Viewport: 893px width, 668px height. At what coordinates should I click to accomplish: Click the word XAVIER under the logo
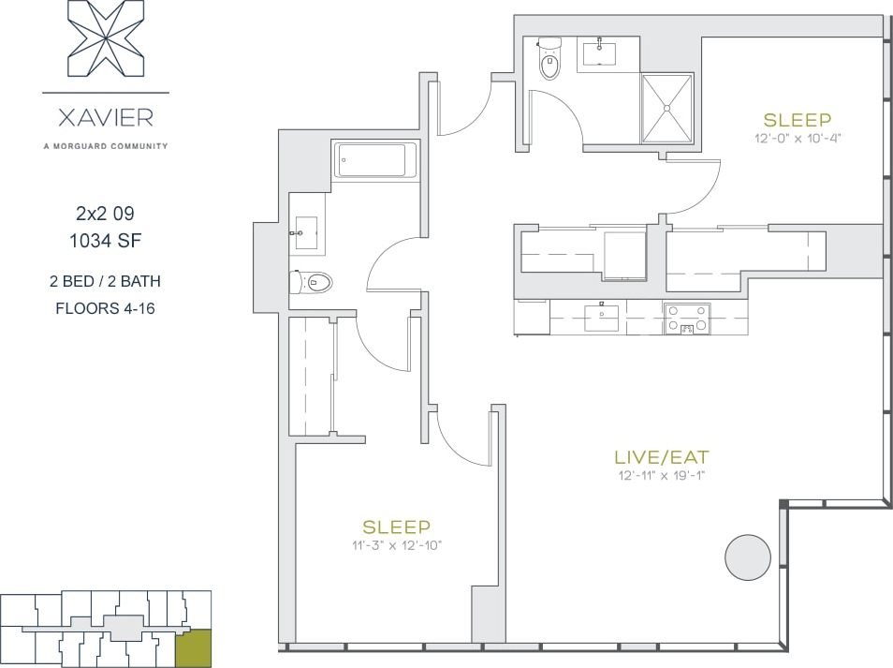pos(106,119)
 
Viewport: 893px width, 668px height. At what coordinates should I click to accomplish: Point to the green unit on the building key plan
pos(193,647)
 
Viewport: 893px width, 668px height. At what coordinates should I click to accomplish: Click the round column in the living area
pos(748,557)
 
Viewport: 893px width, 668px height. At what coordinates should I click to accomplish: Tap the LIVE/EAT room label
pos(661,457)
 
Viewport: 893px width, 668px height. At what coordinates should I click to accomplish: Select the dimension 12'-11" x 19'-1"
pos(660,476)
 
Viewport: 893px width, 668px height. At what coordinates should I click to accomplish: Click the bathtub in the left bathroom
pos(377,160)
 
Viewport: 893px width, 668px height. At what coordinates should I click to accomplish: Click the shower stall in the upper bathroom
pos(666,108)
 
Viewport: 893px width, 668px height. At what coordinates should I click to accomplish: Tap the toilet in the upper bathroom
pos(549,61)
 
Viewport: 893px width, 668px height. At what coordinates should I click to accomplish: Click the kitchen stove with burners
pos(687,319)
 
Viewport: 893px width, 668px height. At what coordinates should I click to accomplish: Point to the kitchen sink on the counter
pos(602,318)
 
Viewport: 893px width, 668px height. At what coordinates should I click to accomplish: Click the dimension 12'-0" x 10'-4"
pos(798,138)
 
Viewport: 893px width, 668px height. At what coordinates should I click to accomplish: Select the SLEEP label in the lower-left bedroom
pos(397,527)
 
